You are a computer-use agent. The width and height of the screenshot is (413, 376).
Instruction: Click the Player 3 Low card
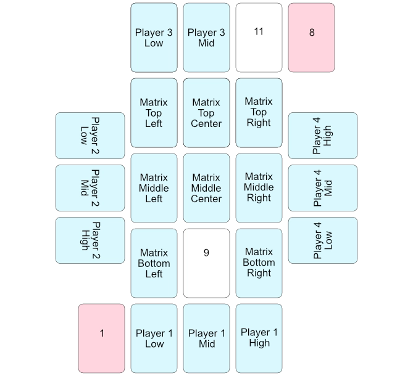pyautogui.click(x=154, y=38)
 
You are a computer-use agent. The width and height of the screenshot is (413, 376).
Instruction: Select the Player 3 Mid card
pyautogui.click(x=206, y=38)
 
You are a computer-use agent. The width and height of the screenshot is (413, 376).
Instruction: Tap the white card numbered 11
pyautogui.click(x=259, y=38)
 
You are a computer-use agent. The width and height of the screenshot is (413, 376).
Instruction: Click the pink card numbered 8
pyautogui.click(x=311, y=38)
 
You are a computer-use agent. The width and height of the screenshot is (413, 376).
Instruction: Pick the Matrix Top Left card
pyautogui.click(x=154, y=113)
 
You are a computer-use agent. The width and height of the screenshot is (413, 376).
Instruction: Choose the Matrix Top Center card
pyautogui.click(x=206, y=113)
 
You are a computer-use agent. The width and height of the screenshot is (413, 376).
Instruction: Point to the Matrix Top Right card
pyautogui.click(x=259, y=113)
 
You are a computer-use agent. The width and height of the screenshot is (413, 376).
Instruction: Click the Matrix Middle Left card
pyautogui.click(x=154, y=188)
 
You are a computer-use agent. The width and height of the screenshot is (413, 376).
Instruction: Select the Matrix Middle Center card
pyautogui.click(x=206, y=188)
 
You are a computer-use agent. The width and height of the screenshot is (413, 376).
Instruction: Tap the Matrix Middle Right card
pyautogui.click(x=259, y=188)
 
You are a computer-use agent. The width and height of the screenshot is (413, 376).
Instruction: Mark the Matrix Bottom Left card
pyautogui.click(x=154, y=263)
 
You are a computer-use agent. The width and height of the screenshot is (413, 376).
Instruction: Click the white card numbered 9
pyautogui.click(x=206, y=263)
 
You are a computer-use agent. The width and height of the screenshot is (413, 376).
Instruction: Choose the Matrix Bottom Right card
pyautogui.click(x=259, y=263)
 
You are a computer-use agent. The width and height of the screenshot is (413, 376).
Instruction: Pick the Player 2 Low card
pyautogui.click(x=90, y=135)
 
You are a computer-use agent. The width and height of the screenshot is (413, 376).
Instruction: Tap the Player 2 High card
pyautogui.click(x=90, y=240)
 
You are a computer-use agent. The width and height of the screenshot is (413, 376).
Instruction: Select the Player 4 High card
pyautogui.click(x=322, y=135)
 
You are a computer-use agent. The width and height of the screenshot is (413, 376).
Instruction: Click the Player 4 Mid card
pyautogui.click(x=322, y=188)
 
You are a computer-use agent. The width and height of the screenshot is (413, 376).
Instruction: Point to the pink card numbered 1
pyautogui.click(x=102, y=338)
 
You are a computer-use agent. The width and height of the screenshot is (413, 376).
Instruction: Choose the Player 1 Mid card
pyautogui.click(x=206, y=338)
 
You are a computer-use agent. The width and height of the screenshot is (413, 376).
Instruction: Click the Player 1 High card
pyautogui.click(x=259, y=338)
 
